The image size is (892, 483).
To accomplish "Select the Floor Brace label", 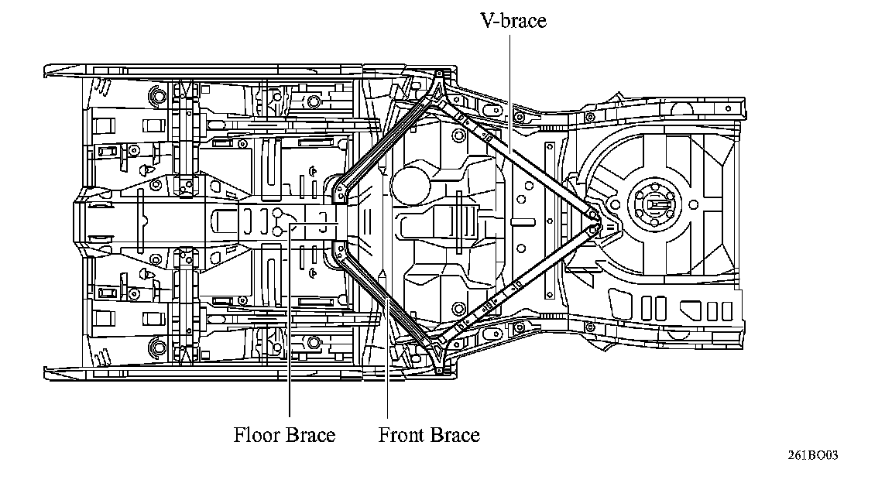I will pos(284,435).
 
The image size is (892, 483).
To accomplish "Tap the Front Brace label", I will pos(429,435).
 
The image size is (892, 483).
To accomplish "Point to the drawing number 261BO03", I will pos(813,455).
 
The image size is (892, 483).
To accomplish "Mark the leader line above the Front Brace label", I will pos(386,356).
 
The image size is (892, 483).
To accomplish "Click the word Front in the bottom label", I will pos(401,435).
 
